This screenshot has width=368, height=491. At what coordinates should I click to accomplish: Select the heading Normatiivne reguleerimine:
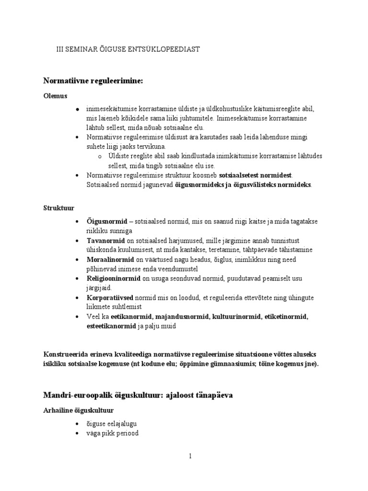point(93,81)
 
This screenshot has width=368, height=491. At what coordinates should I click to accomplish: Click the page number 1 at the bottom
point(190,456)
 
